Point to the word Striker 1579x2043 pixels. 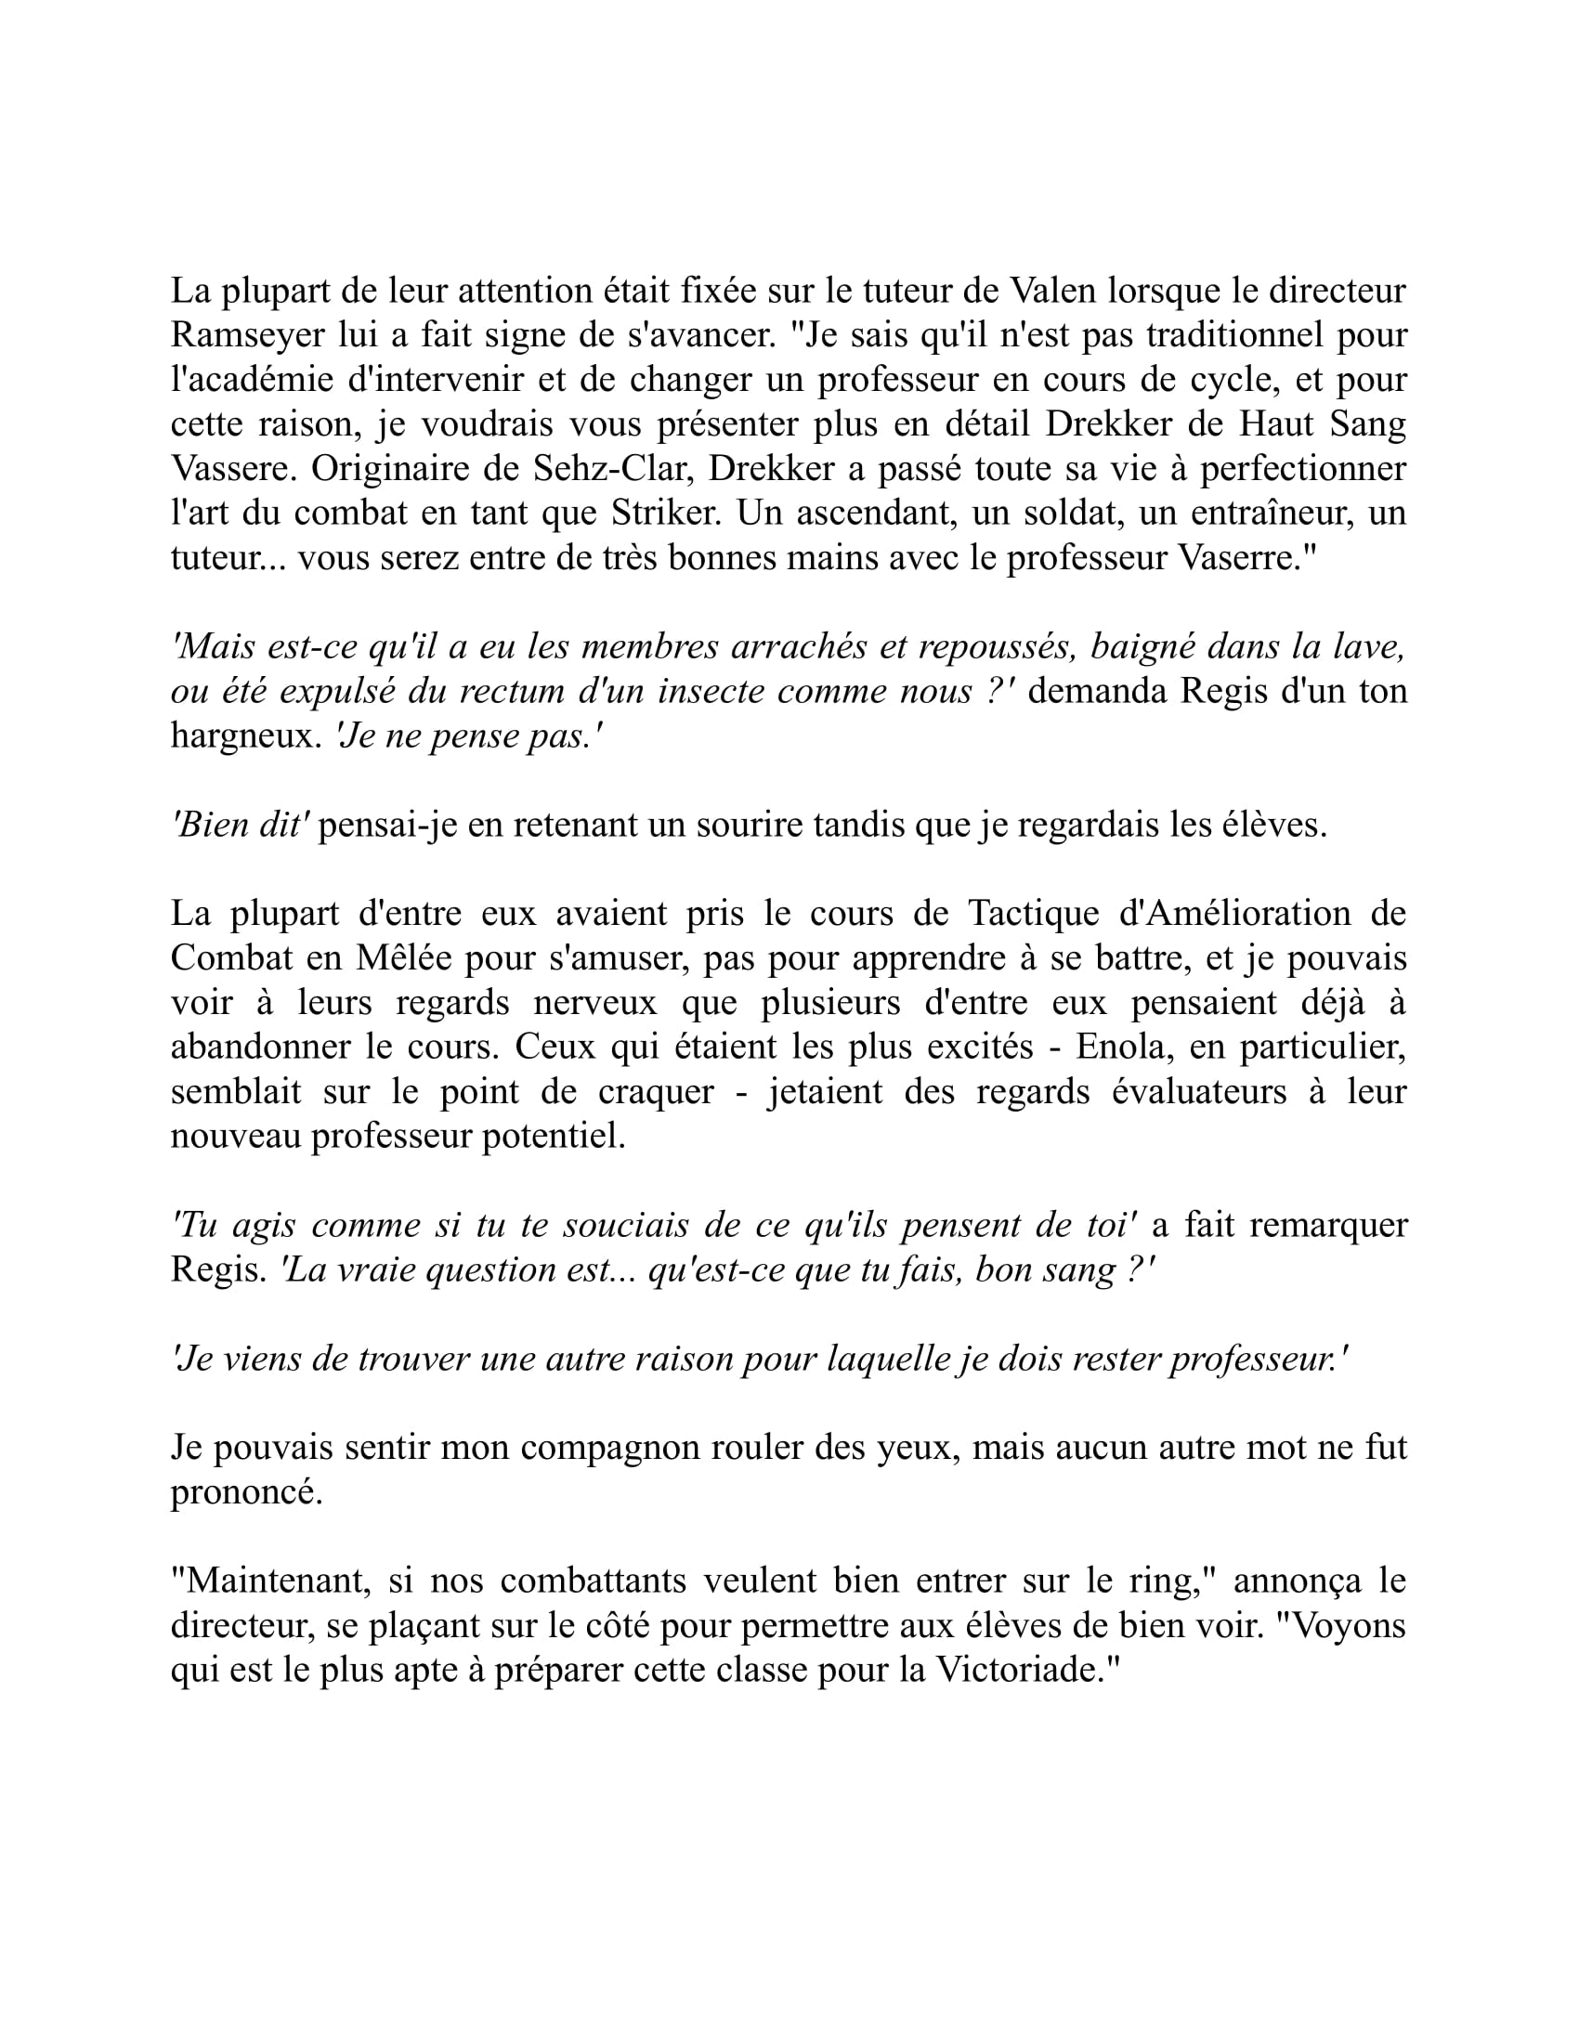(664, 514)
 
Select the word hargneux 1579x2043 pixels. (246, 736)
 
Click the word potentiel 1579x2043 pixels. (554, 1137)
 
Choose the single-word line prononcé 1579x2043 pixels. (246, 1493)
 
